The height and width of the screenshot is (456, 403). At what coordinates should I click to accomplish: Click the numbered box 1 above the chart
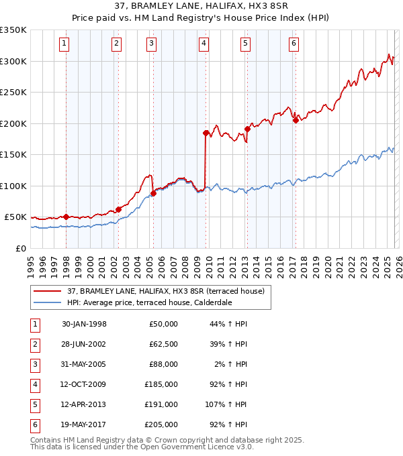pos(64,44)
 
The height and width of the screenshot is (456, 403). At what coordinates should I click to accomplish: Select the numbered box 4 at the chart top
pos(203,44)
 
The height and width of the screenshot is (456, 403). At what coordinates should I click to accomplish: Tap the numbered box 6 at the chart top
pos(294,44)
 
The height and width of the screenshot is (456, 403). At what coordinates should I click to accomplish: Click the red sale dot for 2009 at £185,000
pos(206,133)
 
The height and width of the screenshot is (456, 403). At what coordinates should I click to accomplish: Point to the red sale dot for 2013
pos(247,129)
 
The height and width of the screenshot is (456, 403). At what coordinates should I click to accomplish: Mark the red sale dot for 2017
pos(296,121)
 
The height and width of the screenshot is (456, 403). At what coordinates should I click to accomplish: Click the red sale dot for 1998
pos(66,217)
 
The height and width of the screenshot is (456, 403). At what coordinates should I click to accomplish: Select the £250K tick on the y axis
pos(13,92)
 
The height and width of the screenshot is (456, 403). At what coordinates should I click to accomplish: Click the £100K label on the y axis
pos(13,186)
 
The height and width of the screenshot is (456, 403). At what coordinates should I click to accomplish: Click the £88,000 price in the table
pos(163,364)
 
